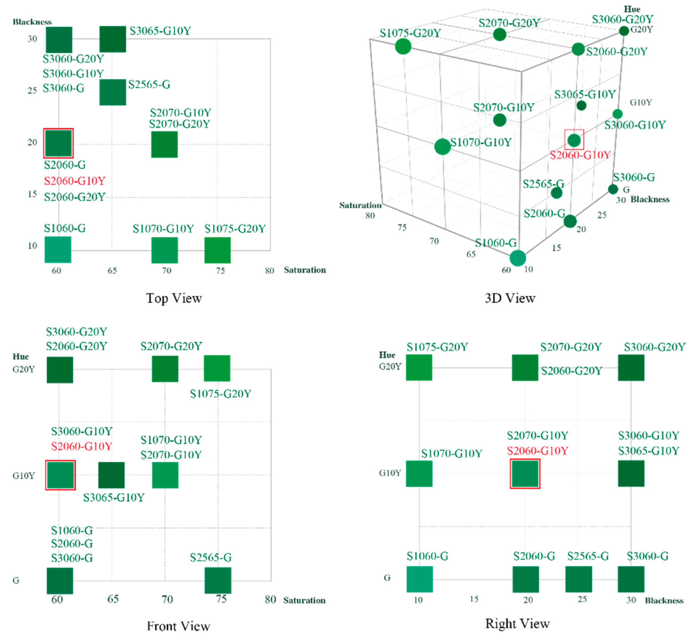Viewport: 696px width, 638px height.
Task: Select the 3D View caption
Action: coord(510,298)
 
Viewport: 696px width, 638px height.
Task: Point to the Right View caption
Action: coord(517,624)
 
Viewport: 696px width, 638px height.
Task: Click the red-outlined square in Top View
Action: coord(58,143)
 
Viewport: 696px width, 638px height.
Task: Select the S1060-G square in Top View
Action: coord(58,250)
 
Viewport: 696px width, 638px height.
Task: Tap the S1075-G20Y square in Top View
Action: coord(218,250)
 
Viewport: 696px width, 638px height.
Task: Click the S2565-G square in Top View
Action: coord(112,92)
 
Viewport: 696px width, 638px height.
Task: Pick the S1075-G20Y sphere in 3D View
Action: coord(403,46)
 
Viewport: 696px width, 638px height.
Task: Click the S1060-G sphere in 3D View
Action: coord(517,258)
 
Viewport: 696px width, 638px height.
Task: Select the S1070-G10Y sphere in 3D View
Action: coord(442,147)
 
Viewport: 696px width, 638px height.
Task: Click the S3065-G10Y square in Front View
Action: coord(111,475)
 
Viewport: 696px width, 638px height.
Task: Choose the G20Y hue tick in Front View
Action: coord(23,370)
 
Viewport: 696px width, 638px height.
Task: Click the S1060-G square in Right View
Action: coord(420,579)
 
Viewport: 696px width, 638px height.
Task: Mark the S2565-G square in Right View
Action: coord(578,579)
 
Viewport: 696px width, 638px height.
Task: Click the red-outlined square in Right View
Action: coord(525,474)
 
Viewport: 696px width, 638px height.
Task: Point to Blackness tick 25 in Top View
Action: coord(32,90)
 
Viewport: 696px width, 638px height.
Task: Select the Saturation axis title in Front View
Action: coord(304,600)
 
